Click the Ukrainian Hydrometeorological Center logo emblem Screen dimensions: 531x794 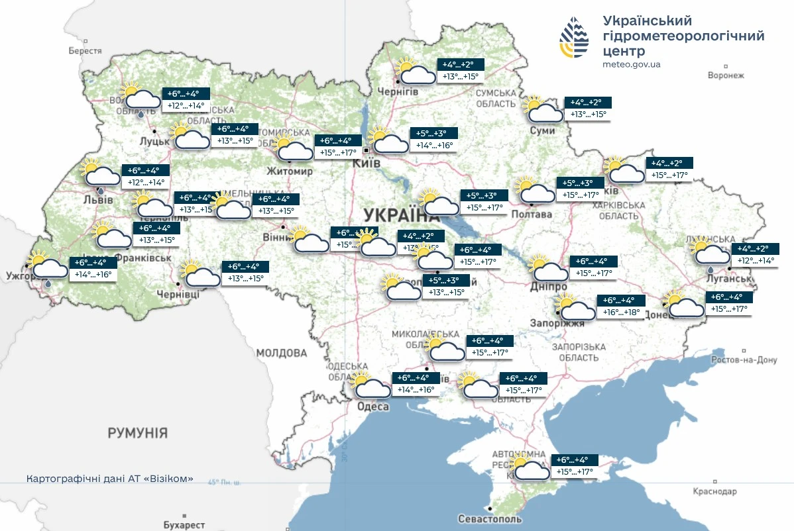coord(574,37)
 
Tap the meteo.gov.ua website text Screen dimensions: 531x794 coord(631,64)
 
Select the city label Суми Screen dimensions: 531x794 coord(542,131)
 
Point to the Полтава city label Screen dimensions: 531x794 coord(532,215)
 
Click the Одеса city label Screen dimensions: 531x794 coord(372,407)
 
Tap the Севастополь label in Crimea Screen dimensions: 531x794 coord(490,519)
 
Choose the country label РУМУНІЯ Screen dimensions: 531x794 coord(138,434)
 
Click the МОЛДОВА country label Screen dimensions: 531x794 coord(282,352)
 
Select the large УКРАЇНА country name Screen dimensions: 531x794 coord(402,215)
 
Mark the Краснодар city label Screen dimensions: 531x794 coord(714,492)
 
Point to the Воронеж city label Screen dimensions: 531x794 coord(726,75)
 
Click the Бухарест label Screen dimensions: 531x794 coord(184,524)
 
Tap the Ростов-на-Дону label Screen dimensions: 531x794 coord(743,360)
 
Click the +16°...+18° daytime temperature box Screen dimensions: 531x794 coord(620,311)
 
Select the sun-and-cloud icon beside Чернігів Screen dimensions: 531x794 coord(414,71)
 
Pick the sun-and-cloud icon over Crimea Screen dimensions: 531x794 coord(530,467)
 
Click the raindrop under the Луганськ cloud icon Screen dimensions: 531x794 coord(710,270)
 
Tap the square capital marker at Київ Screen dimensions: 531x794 coord(365,150)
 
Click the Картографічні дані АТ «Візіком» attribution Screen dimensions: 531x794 coord(110,478)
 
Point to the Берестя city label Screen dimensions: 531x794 coord(85,51)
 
